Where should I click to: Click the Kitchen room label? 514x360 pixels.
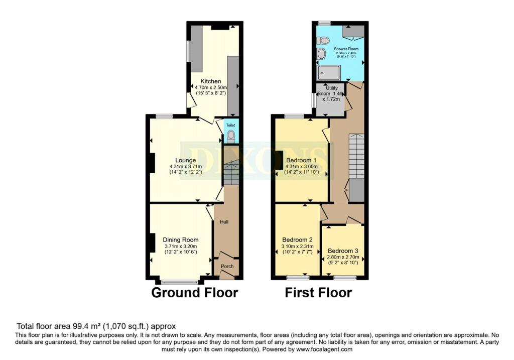(x=211, y=81)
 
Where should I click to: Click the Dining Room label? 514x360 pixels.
(x=181, y=239)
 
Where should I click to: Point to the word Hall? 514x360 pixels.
(x=224, y=221)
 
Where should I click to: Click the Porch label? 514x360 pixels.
(x=227, y=266)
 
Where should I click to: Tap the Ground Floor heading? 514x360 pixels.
(x=195, y=292)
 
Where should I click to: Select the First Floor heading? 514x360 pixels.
(x=318, y=292)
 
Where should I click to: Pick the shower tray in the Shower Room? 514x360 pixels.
(x=329, y=73)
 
